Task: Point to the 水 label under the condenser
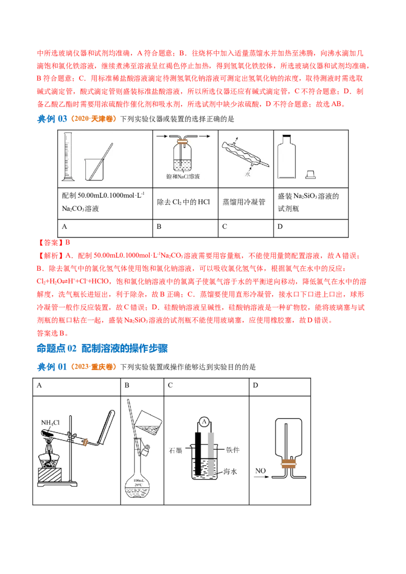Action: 248,173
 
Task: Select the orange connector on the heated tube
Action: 87,442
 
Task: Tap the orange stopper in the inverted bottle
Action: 290,463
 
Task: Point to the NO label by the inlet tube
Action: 261,472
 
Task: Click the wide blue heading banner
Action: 124,348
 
